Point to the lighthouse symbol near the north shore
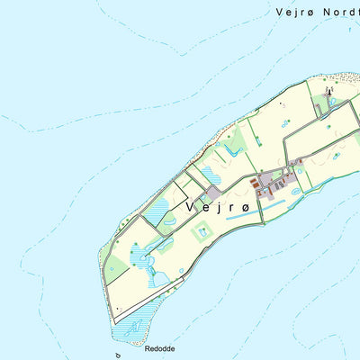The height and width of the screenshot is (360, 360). (329, 90)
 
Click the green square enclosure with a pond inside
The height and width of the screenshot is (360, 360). (202, 231)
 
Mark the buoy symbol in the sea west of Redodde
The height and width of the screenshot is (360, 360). (118, 355)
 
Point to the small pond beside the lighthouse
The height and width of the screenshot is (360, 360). (334, 101)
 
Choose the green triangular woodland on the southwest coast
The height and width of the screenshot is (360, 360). (117, 267)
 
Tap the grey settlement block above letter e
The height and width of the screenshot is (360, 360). (212, 193)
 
